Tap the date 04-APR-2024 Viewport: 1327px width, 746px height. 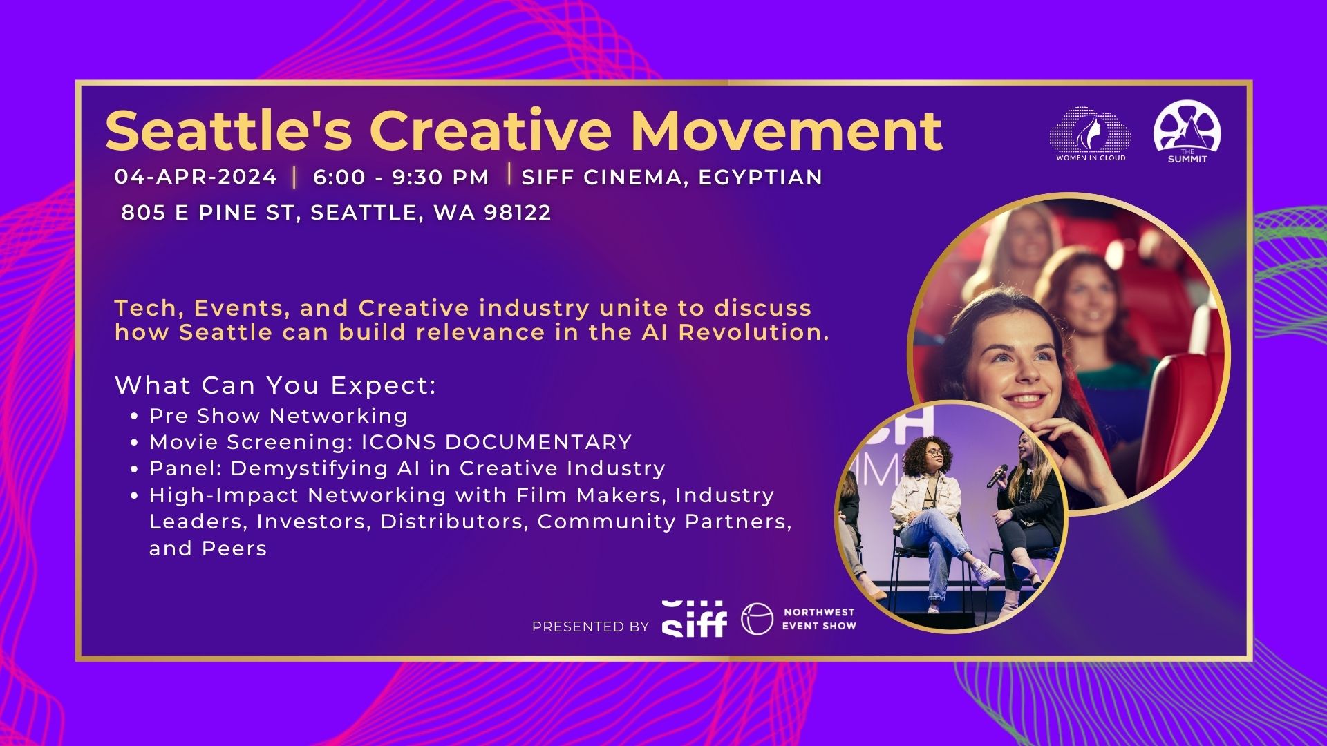click(196, 177)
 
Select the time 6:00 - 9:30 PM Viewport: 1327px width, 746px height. click(401, 177)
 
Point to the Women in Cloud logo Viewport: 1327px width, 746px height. click(1091, 134)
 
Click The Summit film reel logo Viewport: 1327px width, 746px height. click(1187, 131)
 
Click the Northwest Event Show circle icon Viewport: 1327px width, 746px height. click(757, 619)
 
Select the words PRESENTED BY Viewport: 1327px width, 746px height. click(591, 627)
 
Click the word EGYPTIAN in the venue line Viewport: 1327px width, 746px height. click(760, 178)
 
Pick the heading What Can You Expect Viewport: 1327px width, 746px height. click(276, 385)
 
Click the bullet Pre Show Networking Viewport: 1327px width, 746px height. click(279, 416)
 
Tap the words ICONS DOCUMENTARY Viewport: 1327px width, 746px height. click(497, 442)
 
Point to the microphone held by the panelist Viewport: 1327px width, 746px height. click(997, 476)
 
